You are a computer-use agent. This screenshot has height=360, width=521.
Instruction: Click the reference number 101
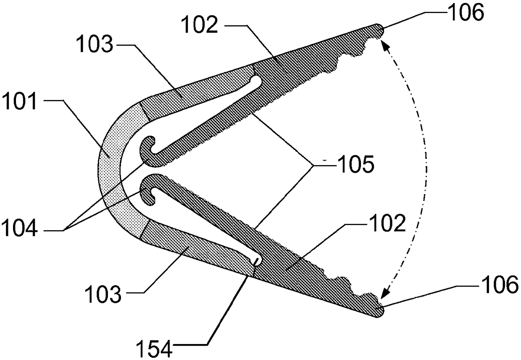pos(19,101)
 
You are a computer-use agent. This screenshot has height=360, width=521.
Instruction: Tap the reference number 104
pos(19,228)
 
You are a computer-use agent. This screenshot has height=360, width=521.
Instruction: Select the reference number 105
pos(356,164)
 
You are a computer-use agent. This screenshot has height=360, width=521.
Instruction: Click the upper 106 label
pos(466,12)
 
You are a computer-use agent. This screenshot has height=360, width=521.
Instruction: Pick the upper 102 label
pos(199,25)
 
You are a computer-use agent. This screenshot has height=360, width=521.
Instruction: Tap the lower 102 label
pos(387,223)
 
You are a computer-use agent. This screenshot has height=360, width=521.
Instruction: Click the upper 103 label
pos(95,44)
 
